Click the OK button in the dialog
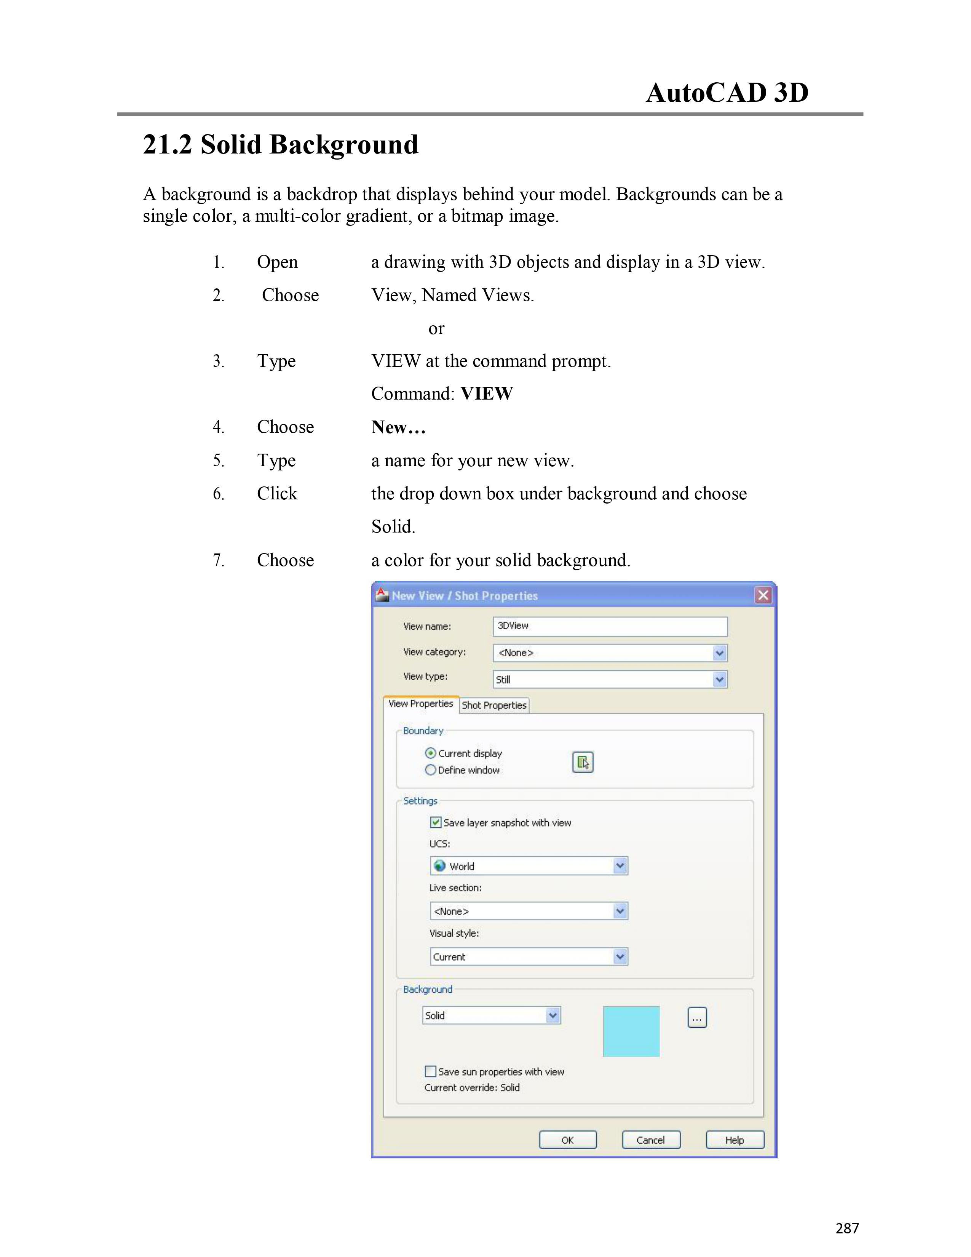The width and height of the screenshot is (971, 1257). (x=567, y=1140)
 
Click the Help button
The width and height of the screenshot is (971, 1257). (x=735, y=1140)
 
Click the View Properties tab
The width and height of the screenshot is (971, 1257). (x=420, y=704)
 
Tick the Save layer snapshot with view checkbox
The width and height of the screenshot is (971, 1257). (x=436, y=822)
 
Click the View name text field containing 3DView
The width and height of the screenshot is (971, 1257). (x=610, y=626)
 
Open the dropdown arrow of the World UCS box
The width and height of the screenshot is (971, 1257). (x=620, y=866)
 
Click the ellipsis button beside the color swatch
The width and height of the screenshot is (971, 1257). (x=696, y=1017)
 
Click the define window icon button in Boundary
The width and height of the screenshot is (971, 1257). (x=583, y=762)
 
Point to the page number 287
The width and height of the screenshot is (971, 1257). (x=847, y=1228)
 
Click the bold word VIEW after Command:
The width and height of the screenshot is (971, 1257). (x=487, y=394)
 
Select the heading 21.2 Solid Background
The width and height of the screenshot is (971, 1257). (x=280, y=144)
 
